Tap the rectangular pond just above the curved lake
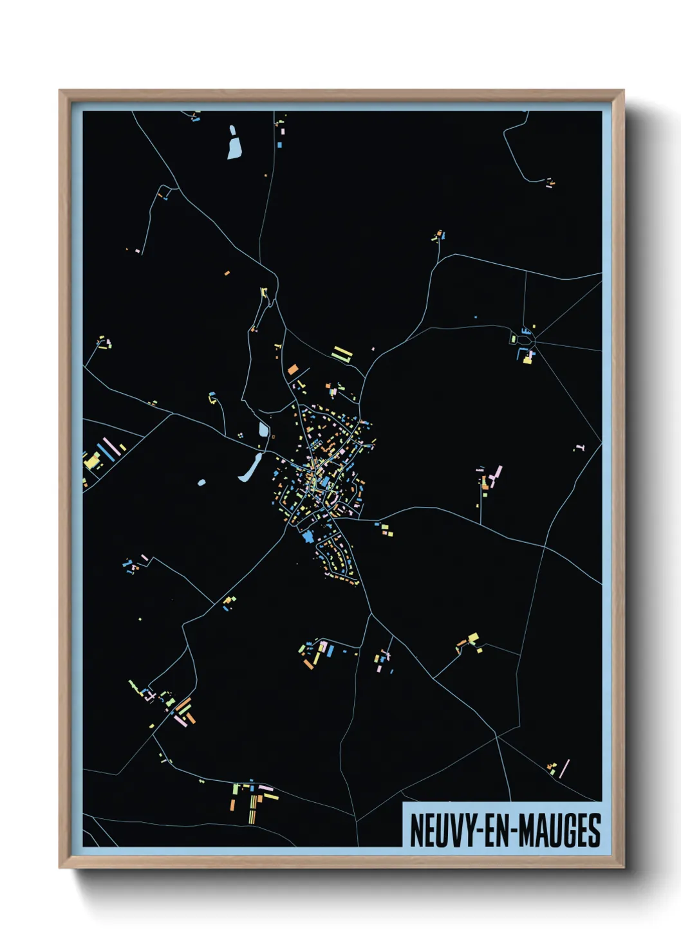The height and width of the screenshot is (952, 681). (263, 430)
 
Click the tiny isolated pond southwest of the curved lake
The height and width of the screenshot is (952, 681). (201, 482)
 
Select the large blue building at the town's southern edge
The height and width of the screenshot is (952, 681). (307, 536)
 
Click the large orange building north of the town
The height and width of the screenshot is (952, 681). (293, 369)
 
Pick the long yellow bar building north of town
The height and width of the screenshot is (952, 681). (342, 354)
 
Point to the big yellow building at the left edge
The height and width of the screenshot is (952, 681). (93, 461)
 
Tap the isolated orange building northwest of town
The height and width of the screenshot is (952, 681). (227, 273)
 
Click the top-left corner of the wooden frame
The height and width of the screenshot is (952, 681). (60, 91)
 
